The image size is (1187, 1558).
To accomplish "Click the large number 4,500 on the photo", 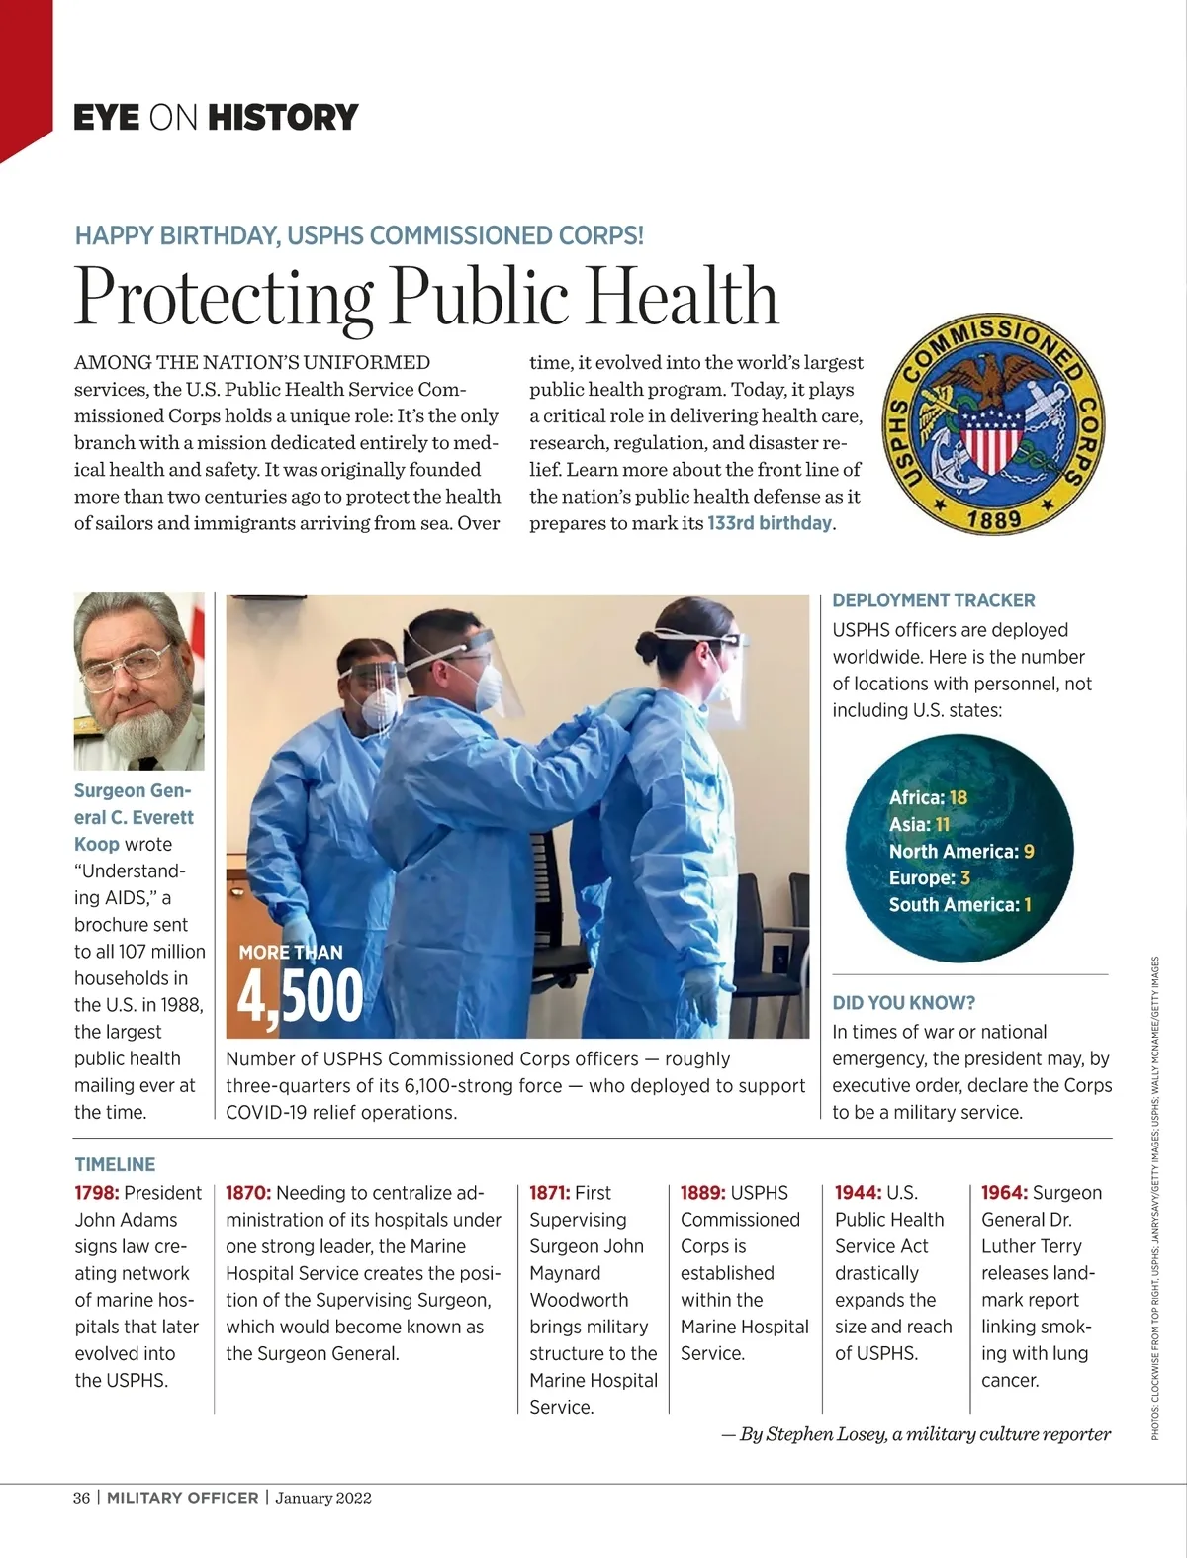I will (x=301, y=996).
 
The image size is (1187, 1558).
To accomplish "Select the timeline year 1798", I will (x=96, y=1193).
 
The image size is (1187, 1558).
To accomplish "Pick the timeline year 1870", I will (x=248, y=1193).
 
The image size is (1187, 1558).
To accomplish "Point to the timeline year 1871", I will (x=549, y=1193).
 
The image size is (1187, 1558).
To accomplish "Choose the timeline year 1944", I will (x=858, y=1193).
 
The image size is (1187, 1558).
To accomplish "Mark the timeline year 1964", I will (x=1004, y=1193).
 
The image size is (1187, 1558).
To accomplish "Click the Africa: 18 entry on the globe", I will (x=928, y=798).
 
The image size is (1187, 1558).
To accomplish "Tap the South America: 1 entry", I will (x=959, y=905).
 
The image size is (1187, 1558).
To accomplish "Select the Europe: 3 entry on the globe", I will (x=929, y=878).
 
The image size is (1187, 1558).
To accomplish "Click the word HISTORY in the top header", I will (x=283, y=118).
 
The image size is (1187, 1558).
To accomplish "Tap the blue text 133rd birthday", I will (x=771, y=523).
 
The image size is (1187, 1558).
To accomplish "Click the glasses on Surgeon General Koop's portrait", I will (x=127, y=664).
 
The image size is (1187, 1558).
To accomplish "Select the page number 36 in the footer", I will (x=81, y=1498).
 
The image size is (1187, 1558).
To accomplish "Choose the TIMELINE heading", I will (x=115, y=1165).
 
